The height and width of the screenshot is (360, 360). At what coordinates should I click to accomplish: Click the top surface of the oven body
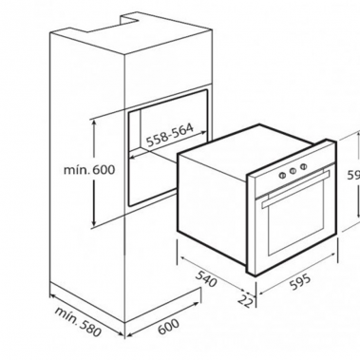[x=256, y=151]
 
